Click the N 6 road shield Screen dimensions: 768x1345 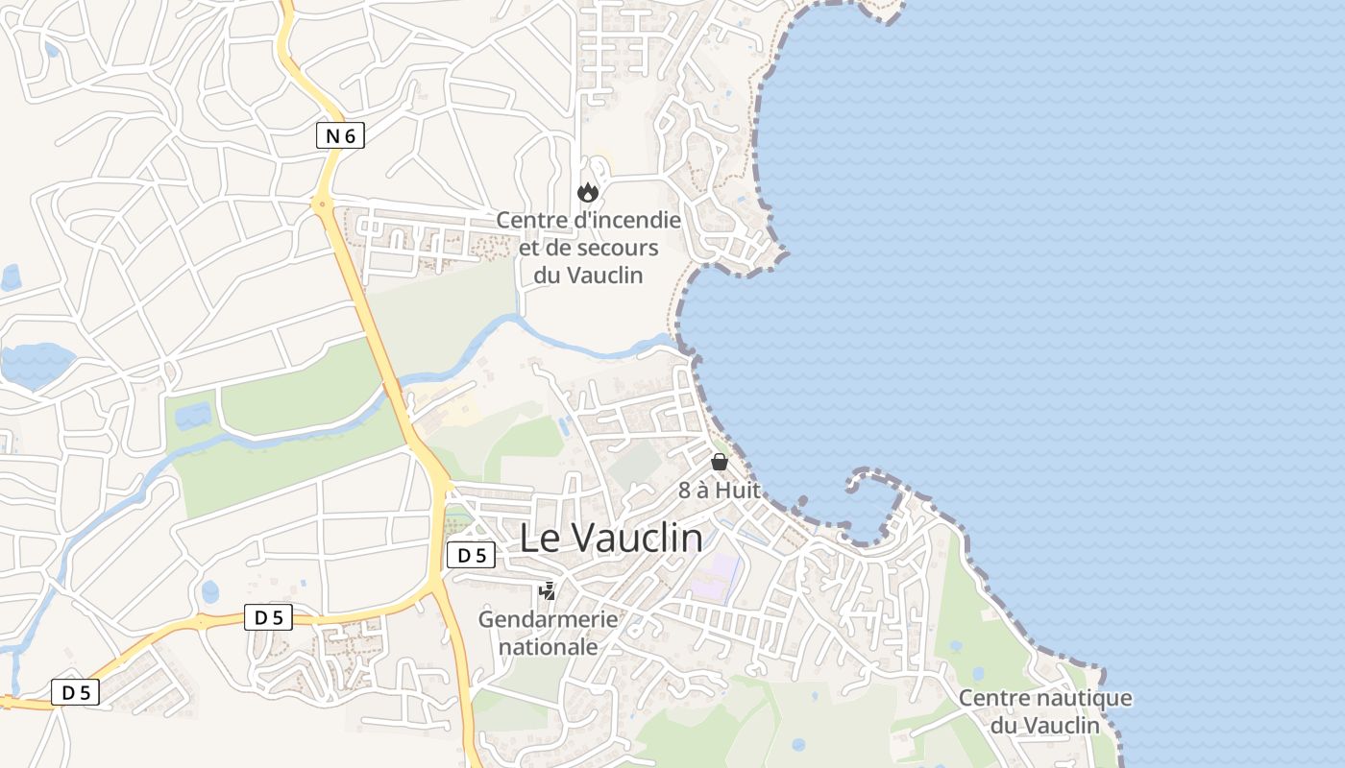point(340,136)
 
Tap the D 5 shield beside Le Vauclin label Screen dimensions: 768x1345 point(471,555)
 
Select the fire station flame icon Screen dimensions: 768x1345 point(587,193)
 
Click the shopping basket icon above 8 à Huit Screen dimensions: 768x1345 point(719,462)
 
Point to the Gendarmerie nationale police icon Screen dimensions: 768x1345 point(548,591)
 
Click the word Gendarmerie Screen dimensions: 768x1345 point(548,619)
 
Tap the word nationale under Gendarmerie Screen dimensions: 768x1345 point(548,647)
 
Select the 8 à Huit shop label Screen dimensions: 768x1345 point(719,490)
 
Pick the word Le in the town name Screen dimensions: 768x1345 point(540,539)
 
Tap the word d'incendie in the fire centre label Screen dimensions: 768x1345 point(625,220)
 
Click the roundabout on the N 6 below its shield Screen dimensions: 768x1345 point(321,204)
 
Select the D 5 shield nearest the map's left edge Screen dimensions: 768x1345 point(75,692)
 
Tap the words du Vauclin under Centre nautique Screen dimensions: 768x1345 point(1045,726)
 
